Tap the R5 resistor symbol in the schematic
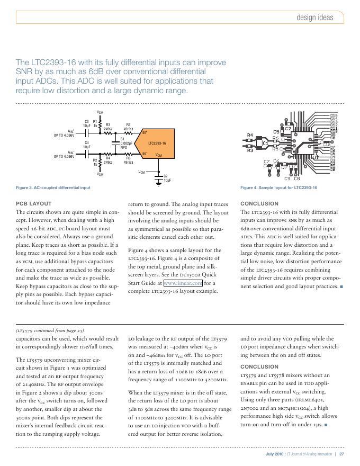pos(128,133)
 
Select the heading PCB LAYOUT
pos(34,203)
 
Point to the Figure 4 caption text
pos(278,188)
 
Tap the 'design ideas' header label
pos(314,17)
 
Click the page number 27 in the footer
pos(342,454)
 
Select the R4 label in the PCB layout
pos(250,135)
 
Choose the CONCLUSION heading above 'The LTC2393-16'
pos(259,203)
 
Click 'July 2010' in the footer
pos(275,454)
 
